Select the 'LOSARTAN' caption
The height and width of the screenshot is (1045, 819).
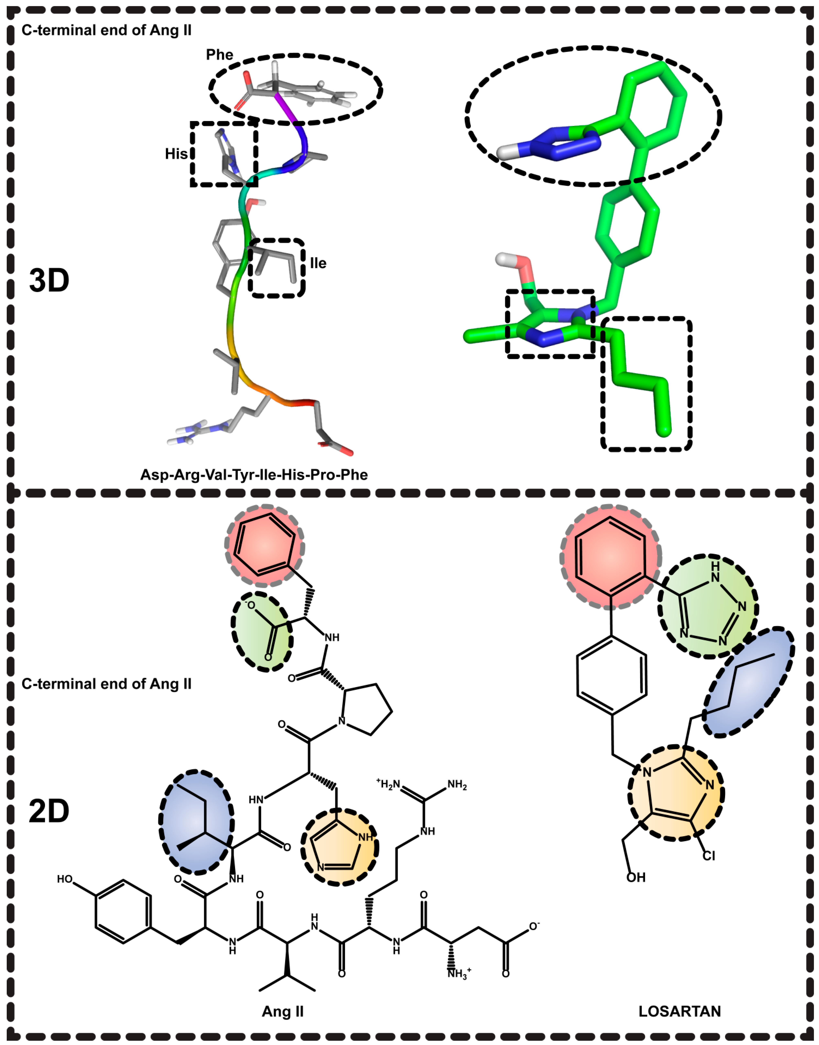pyautogui.click(x=679, y=1011)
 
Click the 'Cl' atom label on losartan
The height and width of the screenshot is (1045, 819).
pyautogui.click(x=709, y=855)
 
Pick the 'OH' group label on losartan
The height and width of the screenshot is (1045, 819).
pyautogui.click(x=636, y=877)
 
